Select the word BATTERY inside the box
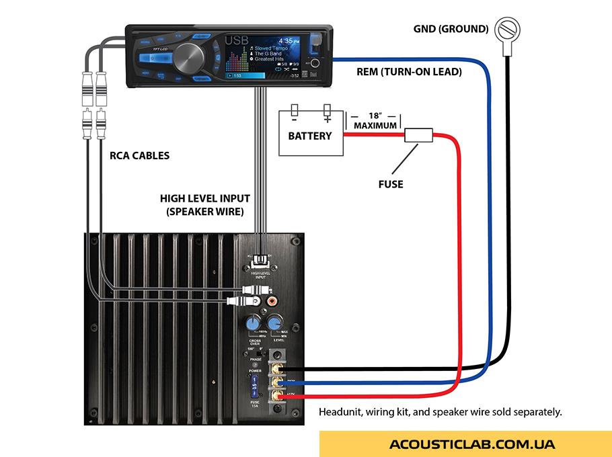[x=310, y=136]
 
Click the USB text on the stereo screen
[x=236, y=42]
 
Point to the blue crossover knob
[x=252, y=323]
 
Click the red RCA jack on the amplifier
[x=272, y=302]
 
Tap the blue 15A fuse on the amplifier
[x=255, y=388]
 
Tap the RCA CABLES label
[x=140, y=155]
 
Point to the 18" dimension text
[x=374, y=116]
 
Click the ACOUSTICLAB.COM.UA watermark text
[x=471, y=444]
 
